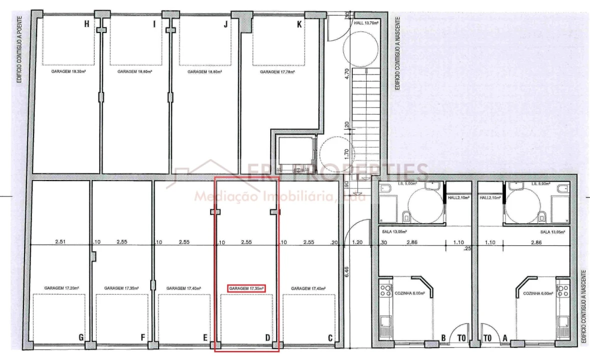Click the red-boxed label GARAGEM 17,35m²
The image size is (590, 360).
tap(246, 288)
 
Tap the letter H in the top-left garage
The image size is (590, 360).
tap(87, 24)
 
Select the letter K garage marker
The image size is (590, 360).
tap(299, 24)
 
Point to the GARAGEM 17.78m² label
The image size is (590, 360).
tap(277, 72)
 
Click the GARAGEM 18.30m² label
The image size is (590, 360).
tap(68, 72)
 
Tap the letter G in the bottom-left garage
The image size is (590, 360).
tap(81, 337)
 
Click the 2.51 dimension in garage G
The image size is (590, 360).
tap(61, 242)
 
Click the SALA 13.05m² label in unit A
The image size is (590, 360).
tap(552, 232)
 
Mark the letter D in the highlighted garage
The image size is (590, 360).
tap(268, 337)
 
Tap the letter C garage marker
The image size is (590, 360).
tap(330, 337)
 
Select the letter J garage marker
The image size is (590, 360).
tap(226, 24)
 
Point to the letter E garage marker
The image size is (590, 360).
tap(205, 337)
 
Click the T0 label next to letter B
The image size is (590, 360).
tap(461, 338)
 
